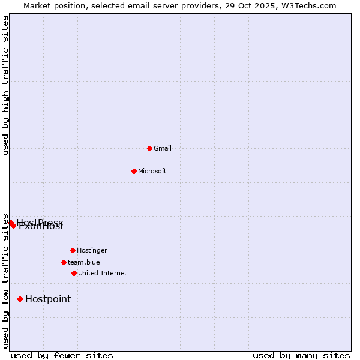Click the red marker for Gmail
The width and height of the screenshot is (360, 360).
tap(149, 148)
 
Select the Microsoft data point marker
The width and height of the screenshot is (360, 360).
tap(134, 171)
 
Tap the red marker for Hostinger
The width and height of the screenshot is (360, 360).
tap(73, 250)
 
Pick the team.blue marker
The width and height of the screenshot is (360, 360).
tap(64, 262)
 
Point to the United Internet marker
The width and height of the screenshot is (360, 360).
tap(74, 273)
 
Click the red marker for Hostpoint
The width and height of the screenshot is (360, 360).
tap(20, 299)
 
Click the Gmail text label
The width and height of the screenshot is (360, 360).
tap(163, 148)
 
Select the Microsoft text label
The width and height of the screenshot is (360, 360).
tap(152, 171)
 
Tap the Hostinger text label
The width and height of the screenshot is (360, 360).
tap(92, 250)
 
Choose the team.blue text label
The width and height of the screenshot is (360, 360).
tap(84, 262)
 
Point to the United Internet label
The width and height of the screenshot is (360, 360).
tap(103, 273)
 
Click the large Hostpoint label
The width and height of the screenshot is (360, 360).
tap(48, 299)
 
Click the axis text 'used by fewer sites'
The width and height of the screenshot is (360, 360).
tap(62, 355)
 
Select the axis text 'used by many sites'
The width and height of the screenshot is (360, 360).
tap(301, 355)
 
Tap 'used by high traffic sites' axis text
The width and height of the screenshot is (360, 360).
tap(6, 85)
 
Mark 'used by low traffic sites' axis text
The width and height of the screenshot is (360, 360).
tap(6, 280)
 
